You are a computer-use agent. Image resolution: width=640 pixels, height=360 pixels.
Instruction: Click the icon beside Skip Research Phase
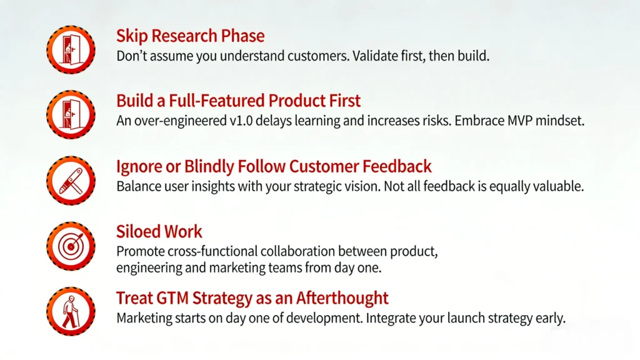click(x=71, y=49)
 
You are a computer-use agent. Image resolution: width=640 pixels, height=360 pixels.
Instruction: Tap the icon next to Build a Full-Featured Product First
click(x=71, y=114)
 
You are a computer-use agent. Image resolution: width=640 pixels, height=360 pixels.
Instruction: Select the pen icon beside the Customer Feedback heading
click(x=71, y=181)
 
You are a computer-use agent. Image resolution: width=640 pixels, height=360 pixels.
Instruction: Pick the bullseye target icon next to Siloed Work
click(x=71, y=246)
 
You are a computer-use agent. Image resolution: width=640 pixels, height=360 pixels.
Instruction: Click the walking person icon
click(x=71, y=311)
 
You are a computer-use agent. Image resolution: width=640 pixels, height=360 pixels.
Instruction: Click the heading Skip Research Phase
click(x=190, y=36)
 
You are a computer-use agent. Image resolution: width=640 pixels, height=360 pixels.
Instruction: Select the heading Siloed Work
click(x=159, y=232)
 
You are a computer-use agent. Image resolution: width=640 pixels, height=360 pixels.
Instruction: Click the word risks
click(x=433, y=121)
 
